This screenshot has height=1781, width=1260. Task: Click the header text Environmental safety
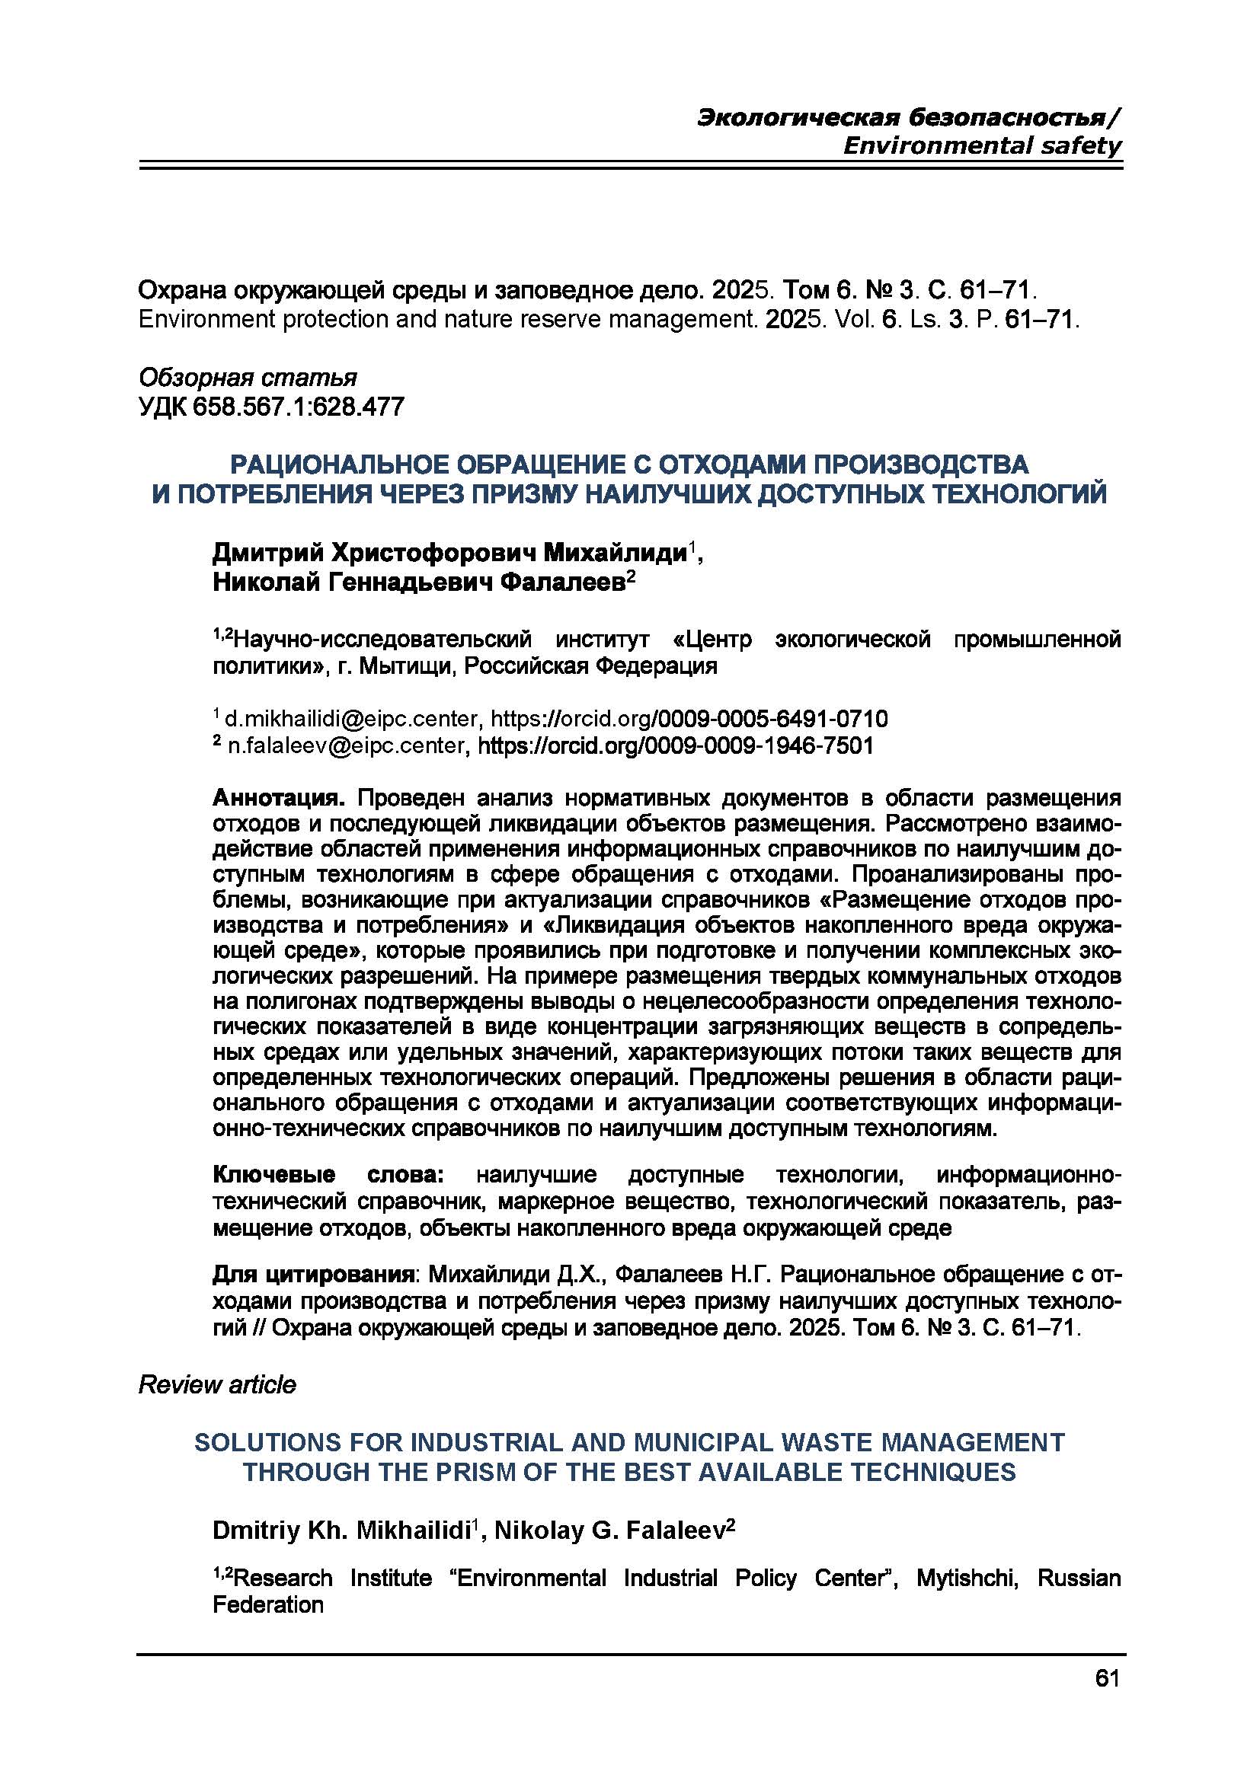tap(981, 145)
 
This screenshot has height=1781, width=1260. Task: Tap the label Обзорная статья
tap(248, 378)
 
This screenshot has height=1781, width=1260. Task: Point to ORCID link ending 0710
tap(689, 718)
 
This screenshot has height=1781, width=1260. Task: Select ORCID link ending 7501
tap(675, 745)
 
